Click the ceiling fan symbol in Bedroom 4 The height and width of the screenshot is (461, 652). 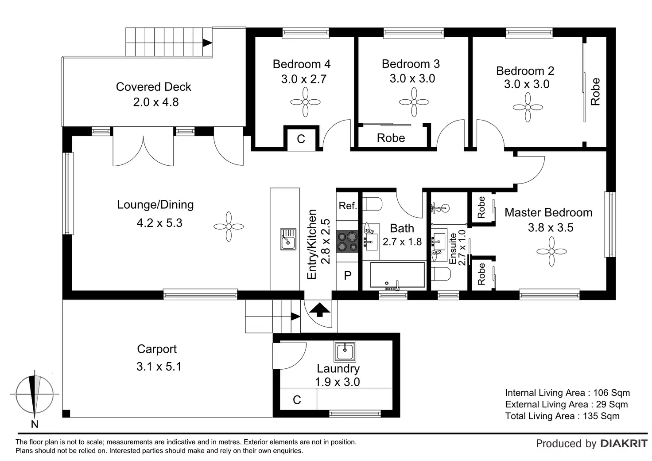305,102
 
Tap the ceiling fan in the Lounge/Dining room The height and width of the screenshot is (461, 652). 229,227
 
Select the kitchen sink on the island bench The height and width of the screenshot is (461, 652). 288,239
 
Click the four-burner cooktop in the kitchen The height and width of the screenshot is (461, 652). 347,242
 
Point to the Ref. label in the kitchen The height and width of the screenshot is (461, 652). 348,206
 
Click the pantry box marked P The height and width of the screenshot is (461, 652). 347,276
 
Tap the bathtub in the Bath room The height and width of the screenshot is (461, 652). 397,275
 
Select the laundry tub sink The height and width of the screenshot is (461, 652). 345,352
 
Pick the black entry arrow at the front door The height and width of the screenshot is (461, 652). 320,309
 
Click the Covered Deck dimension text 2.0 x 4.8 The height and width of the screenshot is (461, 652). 156,102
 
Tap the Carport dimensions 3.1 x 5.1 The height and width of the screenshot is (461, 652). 159,366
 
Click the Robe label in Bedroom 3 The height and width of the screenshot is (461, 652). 391,138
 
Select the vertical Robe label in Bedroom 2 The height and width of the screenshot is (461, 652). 595,91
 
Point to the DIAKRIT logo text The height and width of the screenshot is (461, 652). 624,444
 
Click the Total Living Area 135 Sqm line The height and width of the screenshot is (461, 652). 563,416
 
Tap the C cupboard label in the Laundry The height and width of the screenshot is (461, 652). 297,400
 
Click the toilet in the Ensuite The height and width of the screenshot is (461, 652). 441,274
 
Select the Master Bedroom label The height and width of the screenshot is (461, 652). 548,213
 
